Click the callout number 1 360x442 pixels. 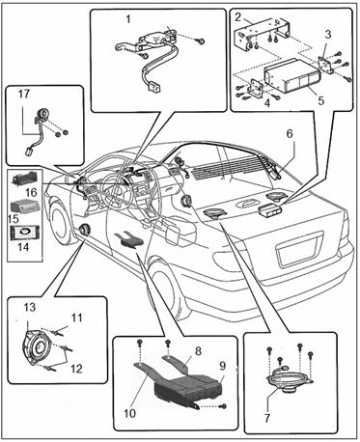(128, 19)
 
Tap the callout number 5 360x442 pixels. (321, 100)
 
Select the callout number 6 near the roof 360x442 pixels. (290, 133)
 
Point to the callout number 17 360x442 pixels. (24, 95)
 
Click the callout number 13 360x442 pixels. (29, 307)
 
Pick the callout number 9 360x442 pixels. (223, 366)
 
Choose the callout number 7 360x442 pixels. (267, 418)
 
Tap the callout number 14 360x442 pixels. (23, 247)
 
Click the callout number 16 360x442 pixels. (32, 192)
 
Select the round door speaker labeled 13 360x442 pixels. (36, 349)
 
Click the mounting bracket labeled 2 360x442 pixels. (263, 33)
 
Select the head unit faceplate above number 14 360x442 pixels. (25, 233)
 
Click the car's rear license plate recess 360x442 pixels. (298, 248)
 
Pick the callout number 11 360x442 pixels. (77, 318)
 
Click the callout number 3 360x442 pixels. (327, 35)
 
